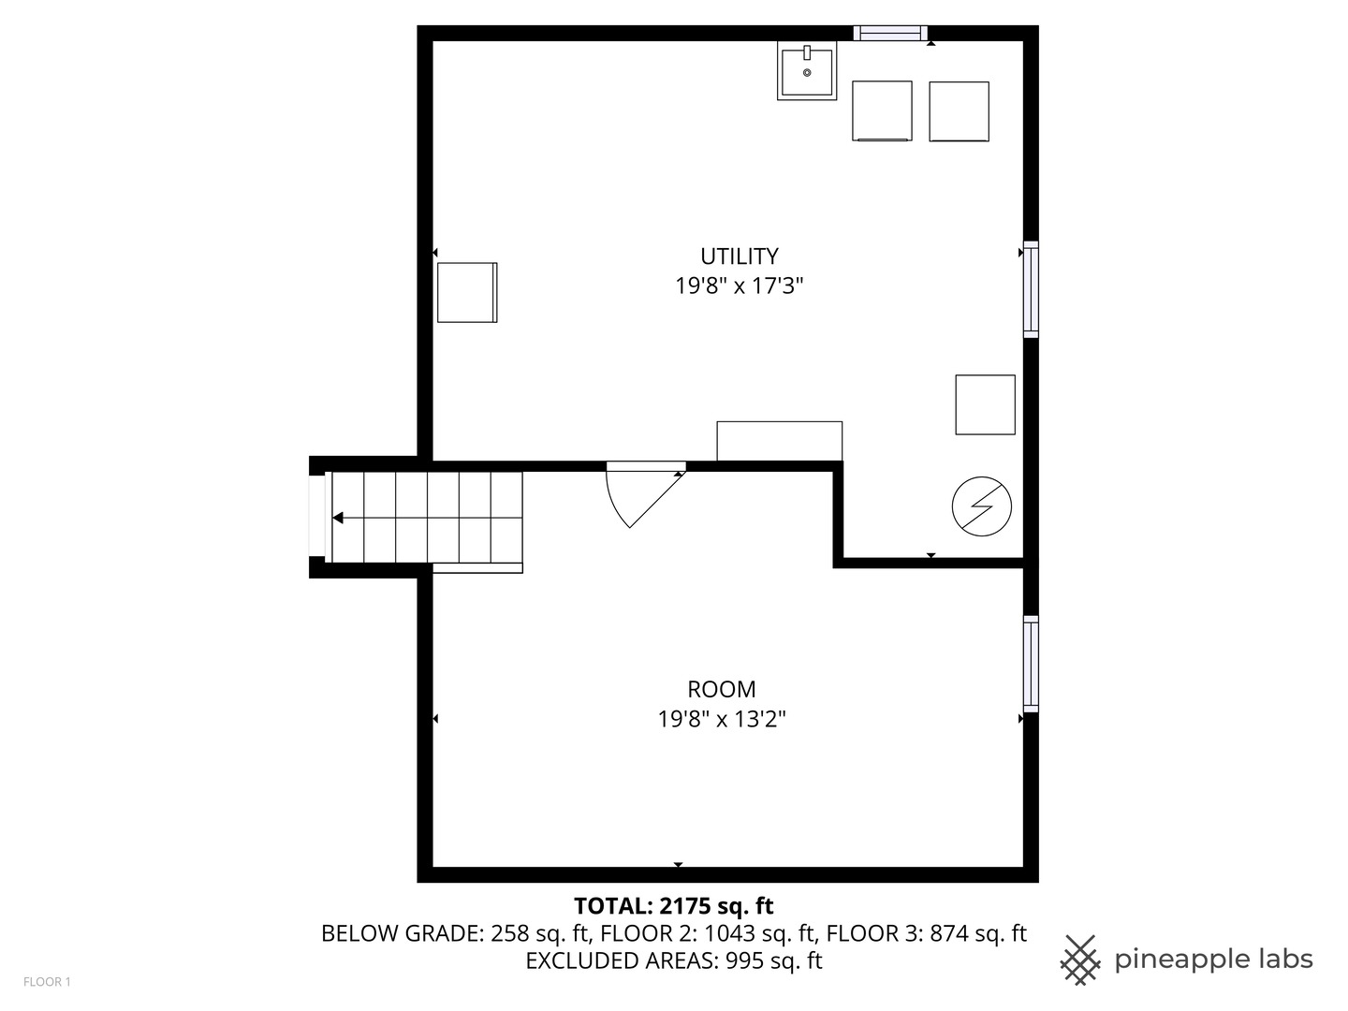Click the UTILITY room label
739,256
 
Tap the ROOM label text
721,689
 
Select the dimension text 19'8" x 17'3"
740,286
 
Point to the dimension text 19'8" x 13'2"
721,719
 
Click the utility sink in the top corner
806,71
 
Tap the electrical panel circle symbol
982,506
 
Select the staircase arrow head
338,518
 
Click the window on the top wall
890,34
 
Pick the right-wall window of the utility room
1031,289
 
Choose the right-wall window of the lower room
1031,664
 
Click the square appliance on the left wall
467,292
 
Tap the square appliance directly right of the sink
882,111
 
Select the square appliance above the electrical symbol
985,404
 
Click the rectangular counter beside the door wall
779,441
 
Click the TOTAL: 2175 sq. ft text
673,905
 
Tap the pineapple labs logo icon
1079,960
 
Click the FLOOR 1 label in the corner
47,982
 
